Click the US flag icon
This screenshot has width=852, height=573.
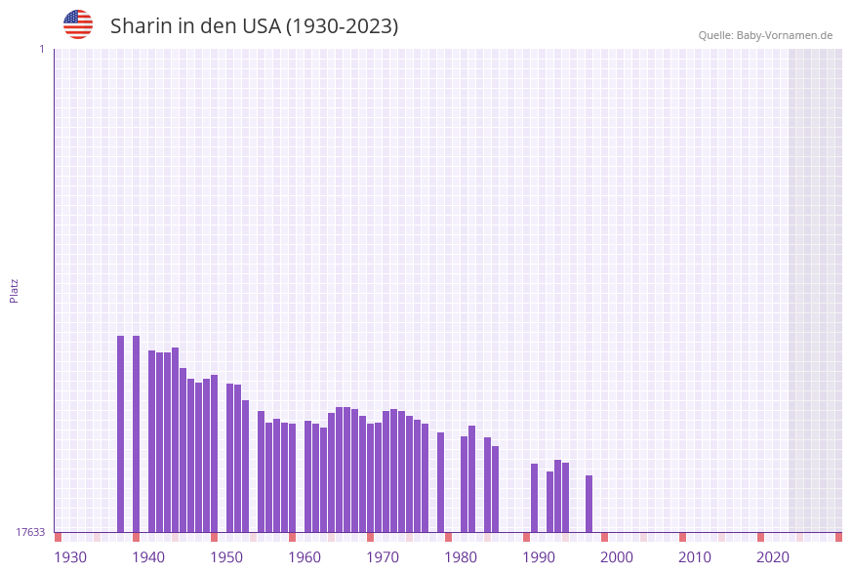pos(78,24)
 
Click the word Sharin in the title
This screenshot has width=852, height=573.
pos(142,26)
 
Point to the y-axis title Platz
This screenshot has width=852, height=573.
pos(15,290)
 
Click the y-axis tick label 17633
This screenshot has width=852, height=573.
pos(30,532)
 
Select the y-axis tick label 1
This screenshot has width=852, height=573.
pos(41,49)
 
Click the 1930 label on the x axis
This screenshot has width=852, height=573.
pos(70,557)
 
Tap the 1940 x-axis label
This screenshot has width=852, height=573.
pos(148,557)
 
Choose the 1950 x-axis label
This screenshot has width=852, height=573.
pos(226,557)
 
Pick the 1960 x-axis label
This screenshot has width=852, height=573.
pos(304,557)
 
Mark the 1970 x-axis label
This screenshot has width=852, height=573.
pos(383,557)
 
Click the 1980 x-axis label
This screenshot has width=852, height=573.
pos(461,557)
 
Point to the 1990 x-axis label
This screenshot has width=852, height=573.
pos(539,557)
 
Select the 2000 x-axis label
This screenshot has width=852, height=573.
pos(617,557)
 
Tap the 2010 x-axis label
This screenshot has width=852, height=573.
pos(695,557)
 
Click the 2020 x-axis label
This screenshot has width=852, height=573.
pos(773,557)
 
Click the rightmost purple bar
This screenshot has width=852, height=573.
pos(589,504)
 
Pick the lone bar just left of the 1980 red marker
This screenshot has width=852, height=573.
pos(441,482)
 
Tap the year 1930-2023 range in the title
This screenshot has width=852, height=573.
pos(342,26)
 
